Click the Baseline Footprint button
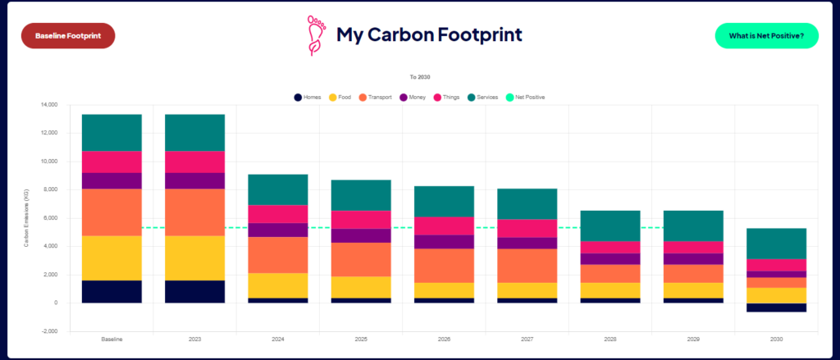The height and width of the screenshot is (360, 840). coord(68,36)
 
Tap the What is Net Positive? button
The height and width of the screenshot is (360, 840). coord(766,36)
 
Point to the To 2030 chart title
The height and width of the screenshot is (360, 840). coord(420,76)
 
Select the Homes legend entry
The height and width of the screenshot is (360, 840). coord(308,98)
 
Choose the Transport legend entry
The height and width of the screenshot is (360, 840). coord(374,98)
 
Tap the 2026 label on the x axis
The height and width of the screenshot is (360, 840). coord(444,339)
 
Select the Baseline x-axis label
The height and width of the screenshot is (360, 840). coord(112,339)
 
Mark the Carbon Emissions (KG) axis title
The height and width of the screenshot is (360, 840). coord(26,218)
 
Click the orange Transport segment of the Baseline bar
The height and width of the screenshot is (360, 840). coord(112,212)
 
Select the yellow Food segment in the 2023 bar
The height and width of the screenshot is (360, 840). coord(194,258)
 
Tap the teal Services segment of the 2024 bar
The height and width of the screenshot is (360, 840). coord(278,189)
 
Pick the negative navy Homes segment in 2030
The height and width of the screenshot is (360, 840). coord(776,308)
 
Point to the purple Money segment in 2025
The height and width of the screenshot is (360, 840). coord(361,235)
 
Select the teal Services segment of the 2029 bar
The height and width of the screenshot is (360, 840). coord(693,226)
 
